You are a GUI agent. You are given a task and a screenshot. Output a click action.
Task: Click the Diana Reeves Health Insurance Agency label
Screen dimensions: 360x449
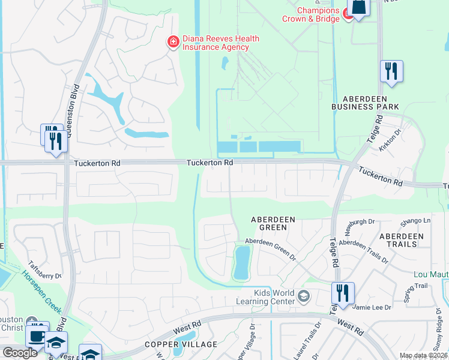[x=220, y=43]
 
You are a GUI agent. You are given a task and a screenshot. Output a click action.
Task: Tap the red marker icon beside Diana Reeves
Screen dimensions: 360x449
[x=173, y=41]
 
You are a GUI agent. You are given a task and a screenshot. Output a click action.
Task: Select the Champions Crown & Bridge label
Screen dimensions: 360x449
[x=310, y=14]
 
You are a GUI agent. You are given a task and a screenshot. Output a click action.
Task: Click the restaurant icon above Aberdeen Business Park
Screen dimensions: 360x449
[x=391, y=71]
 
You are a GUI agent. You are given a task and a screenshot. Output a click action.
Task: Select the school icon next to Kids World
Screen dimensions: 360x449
[x=304, y=295]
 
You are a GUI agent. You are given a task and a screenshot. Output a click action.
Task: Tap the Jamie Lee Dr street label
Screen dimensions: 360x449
[x=373, y=307]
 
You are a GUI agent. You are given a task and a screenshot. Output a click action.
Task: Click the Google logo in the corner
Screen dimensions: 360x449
[x=20, y=353]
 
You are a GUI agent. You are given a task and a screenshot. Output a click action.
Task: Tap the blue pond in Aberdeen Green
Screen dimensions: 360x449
[x=242, y=263]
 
